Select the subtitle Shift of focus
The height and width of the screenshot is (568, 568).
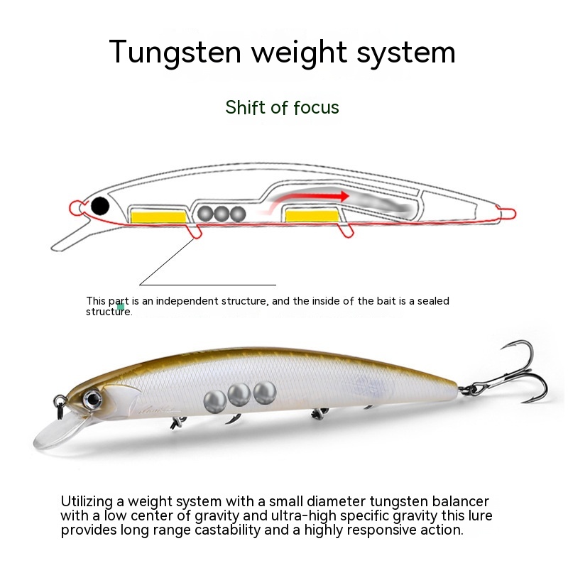click(282, 107)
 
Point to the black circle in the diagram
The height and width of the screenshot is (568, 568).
click(100, 206)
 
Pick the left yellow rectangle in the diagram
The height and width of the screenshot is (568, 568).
click(159, 214)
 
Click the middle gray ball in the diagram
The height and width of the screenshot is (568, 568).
click(222, 213)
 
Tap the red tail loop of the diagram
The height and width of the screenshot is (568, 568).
click(506, 212)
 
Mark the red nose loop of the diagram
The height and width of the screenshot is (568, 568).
click(76, 207)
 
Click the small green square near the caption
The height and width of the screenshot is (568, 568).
click(121, 307)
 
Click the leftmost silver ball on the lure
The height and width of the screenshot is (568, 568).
click(214, 401)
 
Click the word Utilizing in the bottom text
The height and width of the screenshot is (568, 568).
click(87, 501)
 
